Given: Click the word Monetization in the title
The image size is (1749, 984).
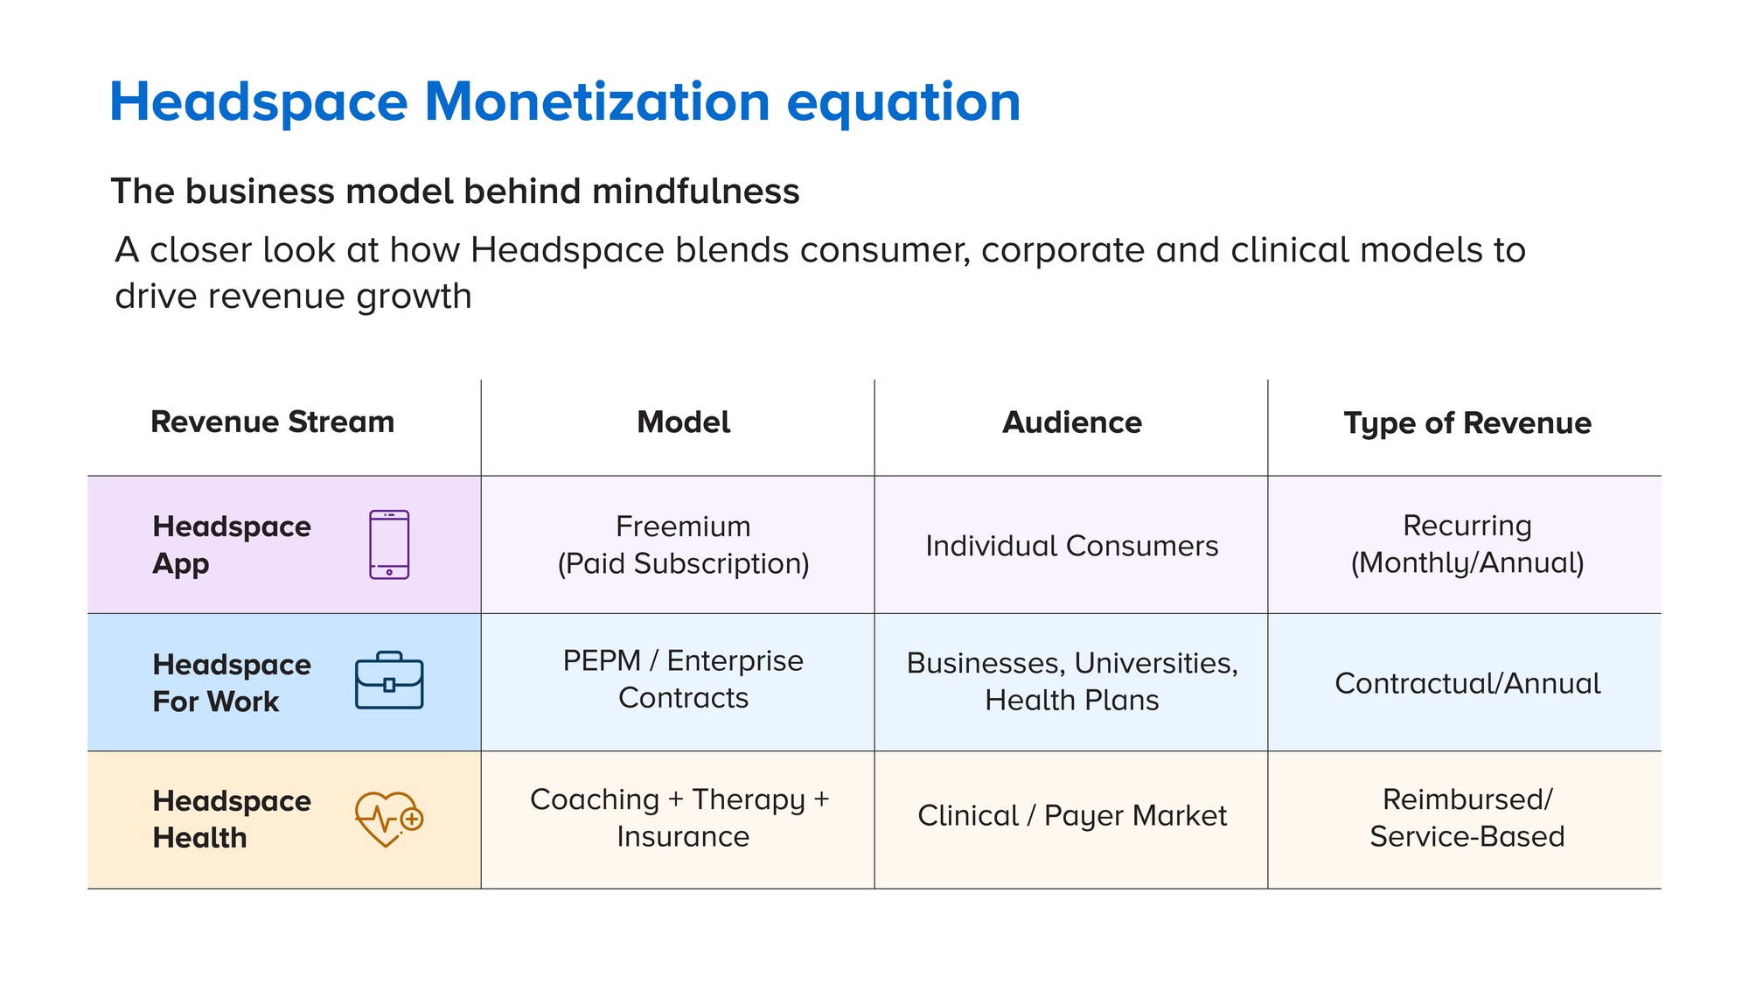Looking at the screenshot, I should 596,102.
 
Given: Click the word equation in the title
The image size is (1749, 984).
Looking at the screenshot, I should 903,102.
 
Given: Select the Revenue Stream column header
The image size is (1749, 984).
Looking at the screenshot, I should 272,422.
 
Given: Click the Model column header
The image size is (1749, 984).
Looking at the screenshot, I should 683,422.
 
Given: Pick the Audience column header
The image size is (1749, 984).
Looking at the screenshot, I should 1071,422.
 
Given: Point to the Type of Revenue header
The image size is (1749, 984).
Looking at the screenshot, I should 1467,423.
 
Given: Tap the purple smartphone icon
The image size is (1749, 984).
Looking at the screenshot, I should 389,544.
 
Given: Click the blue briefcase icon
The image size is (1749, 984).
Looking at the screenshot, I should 389,680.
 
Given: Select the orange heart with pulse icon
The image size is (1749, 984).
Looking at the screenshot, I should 388,820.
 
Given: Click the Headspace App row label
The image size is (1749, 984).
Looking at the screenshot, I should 231,545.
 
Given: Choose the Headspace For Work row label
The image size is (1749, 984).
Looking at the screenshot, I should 231,683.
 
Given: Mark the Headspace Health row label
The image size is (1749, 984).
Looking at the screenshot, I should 231,820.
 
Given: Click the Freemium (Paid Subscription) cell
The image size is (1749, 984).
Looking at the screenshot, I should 683,545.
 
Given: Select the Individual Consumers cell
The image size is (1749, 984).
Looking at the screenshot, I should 1071,546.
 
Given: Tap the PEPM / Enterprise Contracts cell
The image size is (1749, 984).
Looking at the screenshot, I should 683,680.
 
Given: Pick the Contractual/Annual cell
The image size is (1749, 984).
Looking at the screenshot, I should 1467,683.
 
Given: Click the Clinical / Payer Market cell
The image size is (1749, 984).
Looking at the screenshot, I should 1071,816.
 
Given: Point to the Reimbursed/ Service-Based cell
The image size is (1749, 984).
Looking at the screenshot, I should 1467,818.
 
